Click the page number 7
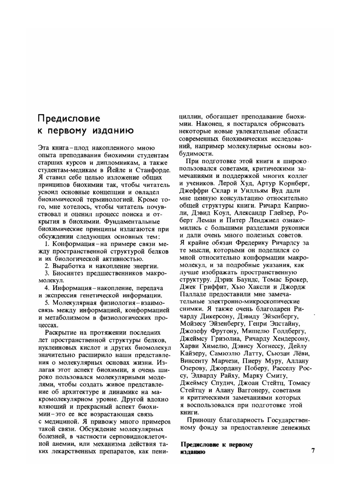coord(313,450)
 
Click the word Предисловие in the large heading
coord(69,118)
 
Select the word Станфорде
coord(152,170)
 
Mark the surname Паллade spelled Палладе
coord(193,294)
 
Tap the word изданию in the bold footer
coord(193,452)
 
